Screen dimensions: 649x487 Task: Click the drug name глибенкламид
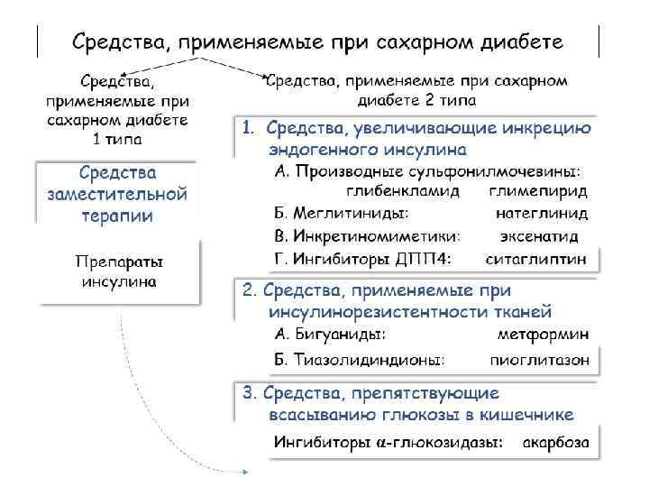tap(401, 191)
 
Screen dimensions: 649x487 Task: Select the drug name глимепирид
tap(539, 191)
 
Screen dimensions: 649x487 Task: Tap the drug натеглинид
tap(542, 214)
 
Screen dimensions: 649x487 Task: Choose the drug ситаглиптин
tap(543, 259)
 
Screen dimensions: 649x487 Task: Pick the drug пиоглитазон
tap(541, 359)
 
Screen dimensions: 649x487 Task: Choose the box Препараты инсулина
tap(119, 271)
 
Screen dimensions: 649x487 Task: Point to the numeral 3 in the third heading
tap(248, 393)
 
